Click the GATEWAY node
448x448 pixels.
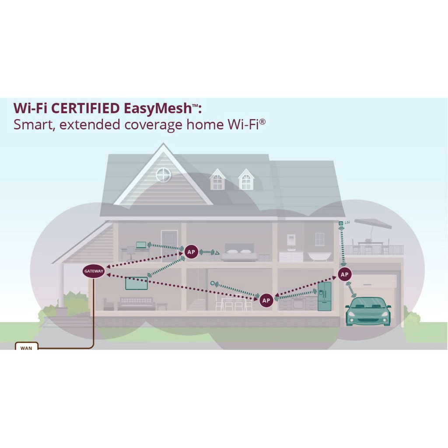click(x=94, y=271)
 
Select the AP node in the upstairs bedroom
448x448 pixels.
click(x=191, y=252)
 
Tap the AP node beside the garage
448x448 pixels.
click(x=344, y=274)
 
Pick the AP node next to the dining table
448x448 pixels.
click(x=266, y=300)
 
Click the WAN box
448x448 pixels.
click(x=26, y=348)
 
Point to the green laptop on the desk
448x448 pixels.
click(x=141, y=245)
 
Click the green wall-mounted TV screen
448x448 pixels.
click(x=136, y=283)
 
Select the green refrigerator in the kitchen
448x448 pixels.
click(x=325, y=296)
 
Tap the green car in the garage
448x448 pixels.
click(x=368, y=311)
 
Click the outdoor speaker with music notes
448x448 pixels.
click(x=341, y=224)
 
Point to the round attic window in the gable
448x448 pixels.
click(x=163, y=175)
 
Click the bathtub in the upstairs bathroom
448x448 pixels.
click(x=319, y=256)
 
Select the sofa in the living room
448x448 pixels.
click(x=136, y=303)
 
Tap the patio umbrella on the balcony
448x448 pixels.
click(x=372, y=224)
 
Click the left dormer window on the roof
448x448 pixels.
click(x=217, y=180)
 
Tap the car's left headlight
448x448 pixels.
click(x=352, y=314)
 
